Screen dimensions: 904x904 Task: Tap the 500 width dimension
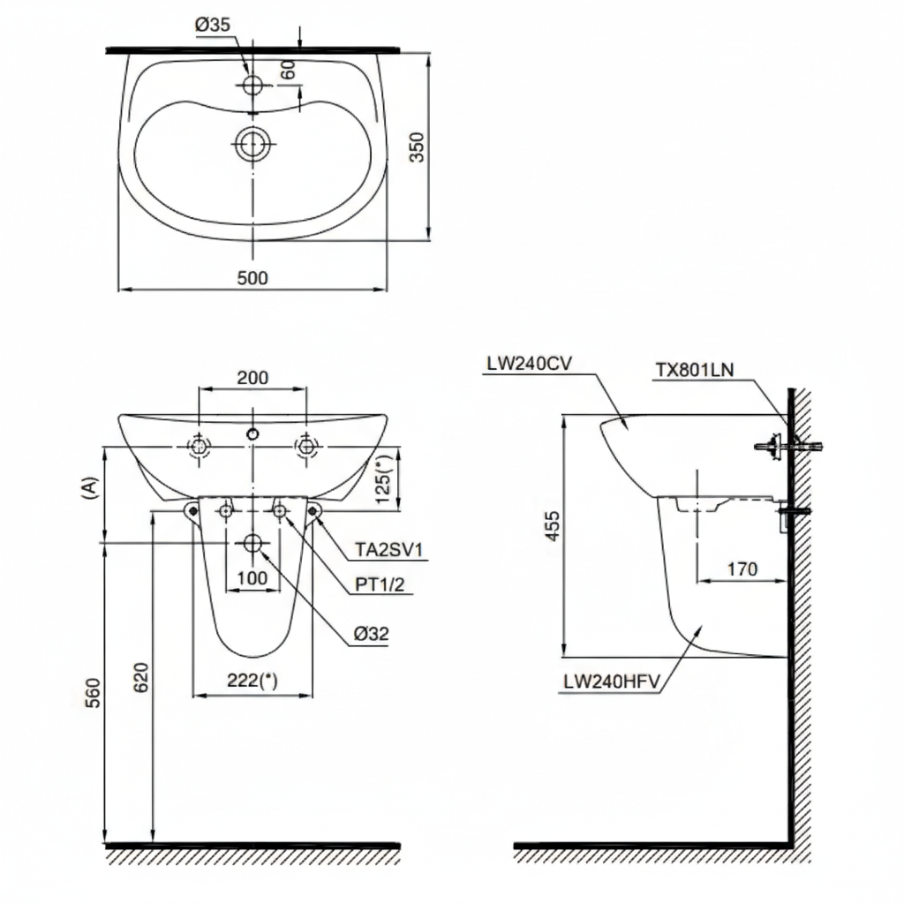(x=252, y=277)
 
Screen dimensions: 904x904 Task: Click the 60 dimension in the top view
(x=289, y=70)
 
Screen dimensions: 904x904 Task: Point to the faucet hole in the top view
(x=252, y=85)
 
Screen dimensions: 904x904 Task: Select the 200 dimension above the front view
(x=253, y=377)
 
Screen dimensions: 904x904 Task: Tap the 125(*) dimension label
(x=383, y=480)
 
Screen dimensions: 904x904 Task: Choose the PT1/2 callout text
(x=381, y=584)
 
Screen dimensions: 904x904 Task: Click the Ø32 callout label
(x=371, y=633)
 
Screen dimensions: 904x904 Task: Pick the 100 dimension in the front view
(x=253, y=578)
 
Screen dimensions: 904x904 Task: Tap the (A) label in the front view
(x=88, y=488)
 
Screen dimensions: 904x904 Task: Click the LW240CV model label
(x=528, y=364)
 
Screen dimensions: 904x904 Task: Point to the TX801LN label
(x=694, y=371)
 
